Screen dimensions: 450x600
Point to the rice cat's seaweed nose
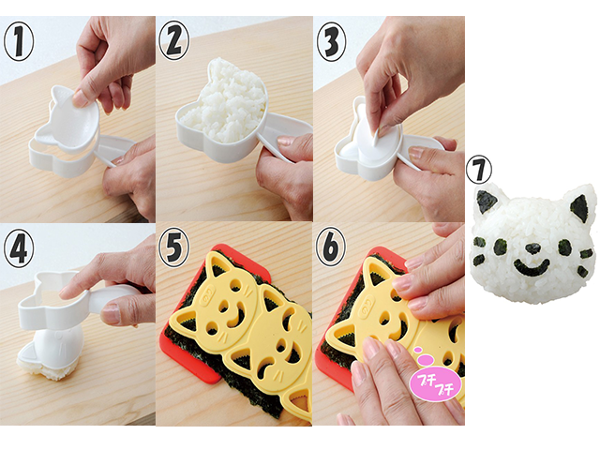tap(531, 249)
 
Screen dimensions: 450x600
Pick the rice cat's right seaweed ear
tap(579, 206)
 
